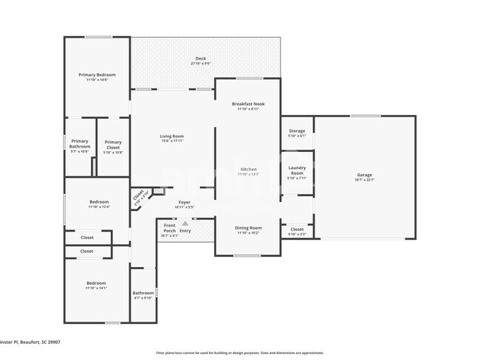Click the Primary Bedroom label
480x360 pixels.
coord(97,75)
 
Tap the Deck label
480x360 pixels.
coord(201,58)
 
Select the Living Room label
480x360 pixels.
coord(172,136)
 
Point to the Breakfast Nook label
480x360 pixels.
coord(248,104)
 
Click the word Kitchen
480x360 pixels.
coord(248,170)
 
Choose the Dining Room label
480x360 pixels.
coord(248,228)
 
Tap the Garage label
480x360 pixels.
coord(365,174)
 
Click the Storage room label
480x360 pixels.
coord(297,131)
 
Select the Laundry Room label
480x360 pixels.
coord(297,170)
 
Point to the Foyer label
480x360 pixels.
coord(185,202)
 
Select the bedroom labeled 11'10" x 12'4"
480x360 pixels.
coord(99,201)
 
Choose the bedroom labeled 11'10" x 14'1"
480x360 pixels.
coord(96,283)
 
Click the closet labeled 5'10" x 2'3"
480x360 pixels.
coord(297,229)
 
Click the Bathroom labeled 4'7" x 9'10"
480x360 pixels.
coord(143,293)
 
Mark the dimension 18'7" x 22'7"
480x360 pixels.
coord(365,179)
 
